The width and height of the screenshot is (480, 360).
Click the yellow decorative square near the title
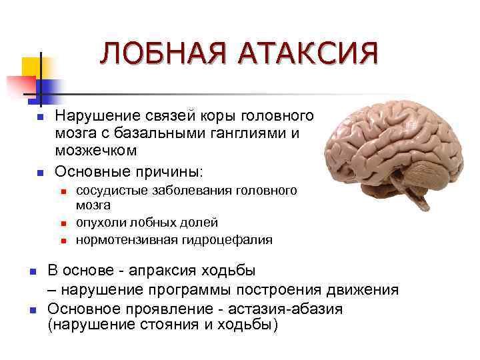(x=33, y=67)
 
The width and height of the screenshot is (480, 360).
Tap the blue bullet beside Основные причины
(x=39, y=173)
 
